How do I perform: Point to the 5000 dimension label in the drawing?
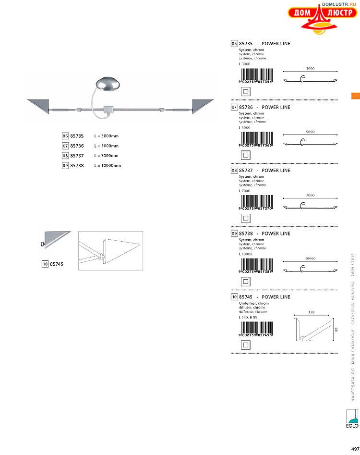pos(310,132)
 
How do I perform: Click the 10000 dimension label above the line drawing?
pos(310,258)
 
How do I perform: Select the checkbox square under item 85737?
pos(245,218)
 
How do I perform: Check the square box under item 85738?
pos(245,282)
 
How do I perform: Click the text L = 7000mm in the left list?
pos(106,156)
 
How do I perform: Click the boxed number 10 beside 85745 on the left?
pos(45,264)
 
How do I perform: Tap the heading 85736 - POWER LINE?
pos(264,107)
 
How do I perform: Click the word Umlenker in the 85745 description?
pos(247,304)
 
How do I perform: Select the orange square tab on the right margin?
pos(356,96)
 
